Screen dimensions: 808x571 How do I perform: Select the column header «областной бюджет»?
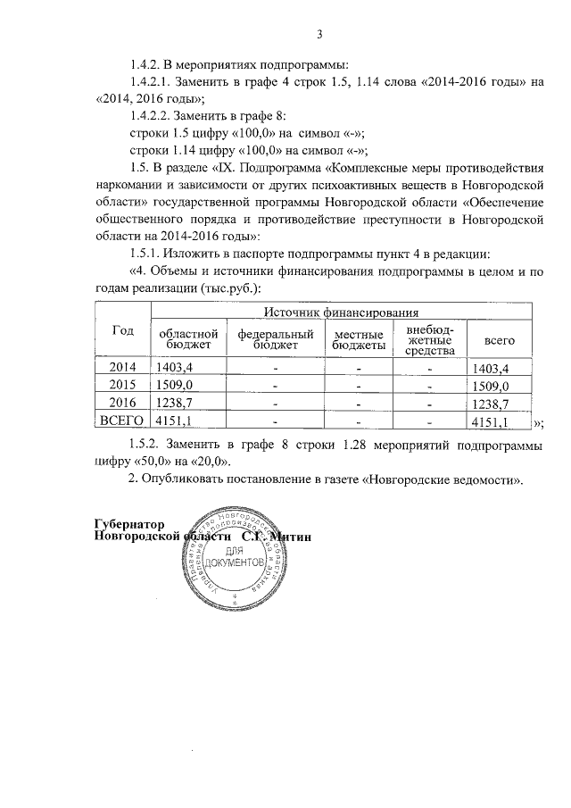(x=186, y=338)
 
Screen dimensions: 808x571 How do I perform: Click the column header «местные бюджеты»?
(x=359, y=338)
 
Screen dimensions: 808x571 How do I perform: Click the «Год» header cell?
(x=122, y=330)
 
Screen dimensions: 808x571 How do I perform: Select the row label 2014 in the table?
(x=123, y=367)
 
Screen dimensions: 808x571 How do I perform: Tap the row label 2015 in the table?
(x=123, y=386)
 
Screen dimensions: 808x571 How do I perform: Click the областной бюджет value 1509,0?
(x=175, y=386)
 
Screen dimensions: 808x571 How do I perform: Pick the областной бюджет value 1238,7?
(x=175, y=404)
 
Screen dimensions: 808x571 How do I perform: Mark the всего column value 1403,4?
(x=491, y=367)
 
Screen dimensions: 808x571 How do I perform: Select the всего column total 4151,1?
(x=491, y=421)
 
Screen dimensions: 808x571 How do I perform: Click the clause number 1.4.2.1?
(x=153, y=82)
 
